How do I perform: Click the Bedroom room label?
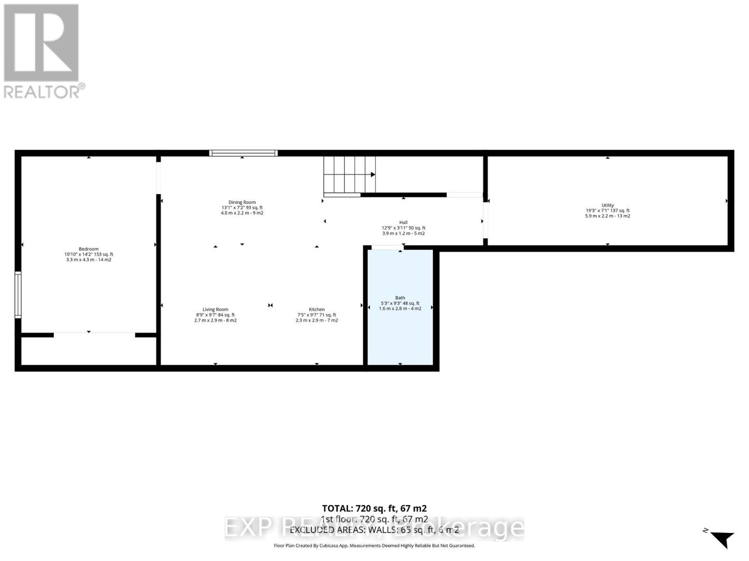point(88,249)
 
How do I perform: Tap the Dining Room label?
point(242,202)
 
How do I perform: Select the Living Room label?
point(215,309)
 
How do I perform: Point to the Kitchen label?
point(316,309)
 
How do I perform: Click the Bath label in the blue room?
point(400,298)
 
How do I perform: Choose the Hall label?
point(403,223)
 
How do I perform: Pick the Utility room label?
point(608,205)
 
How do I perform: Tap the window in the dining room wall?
point(243,153)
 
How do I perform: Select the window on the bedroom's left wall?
point(18,295)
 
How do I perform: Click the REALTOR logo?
point(44,51)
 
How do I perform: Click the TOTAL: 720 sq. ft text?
point(374,508)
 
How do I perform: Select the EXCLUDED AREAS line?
point(374,530)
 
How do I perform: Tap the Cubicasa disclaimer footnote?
point(374,546)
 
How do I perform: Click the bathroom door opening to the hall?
point(387,248)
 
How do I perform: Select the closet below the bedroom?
point(88,351)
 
